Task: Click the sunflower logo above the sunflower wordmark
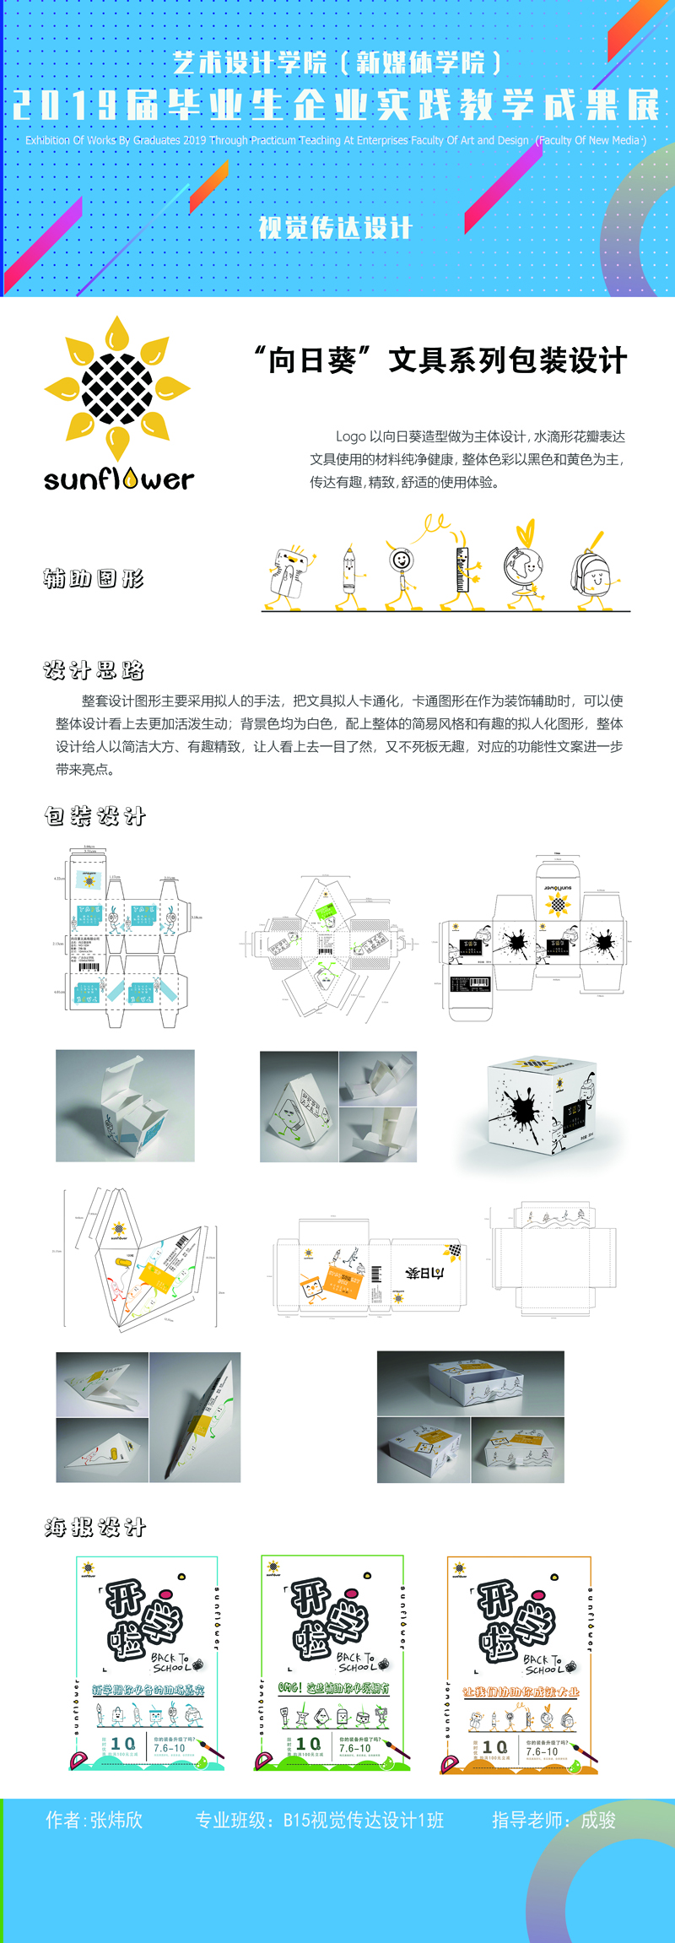(117, 389)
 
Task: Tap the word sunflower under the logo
(118, 479)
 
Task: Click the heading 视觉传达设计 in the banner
(335, 228)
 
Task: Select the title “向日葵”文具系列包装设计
(440, 360)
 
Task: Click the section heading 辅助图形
(94, 578)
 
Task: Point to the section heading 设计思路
(94, 670)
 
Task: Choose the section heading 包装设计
(94, 816)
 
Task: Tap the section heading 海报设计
(94, 1527)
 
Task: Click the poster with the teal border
(147, 1663)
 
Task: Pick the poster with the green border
(332, 1663)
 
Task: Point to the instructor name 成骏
(598, 1820)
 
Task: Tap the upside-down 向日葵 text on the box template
(424, 1272)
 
